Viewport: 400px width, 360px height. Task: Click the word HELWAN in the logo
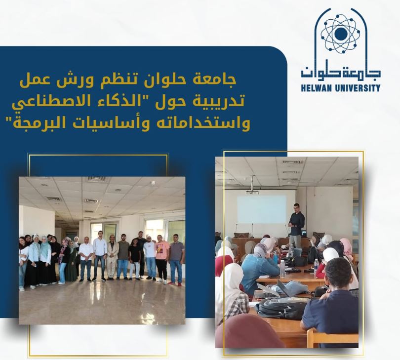click(316, 88)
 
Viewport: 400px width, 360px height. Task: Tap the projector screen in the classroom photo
click(262, 209)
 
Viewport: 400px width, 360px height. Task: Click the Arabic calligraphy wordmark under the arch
click(341, 72)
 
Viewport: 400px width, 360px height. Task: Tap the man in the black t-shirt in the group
click(134, 258)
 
